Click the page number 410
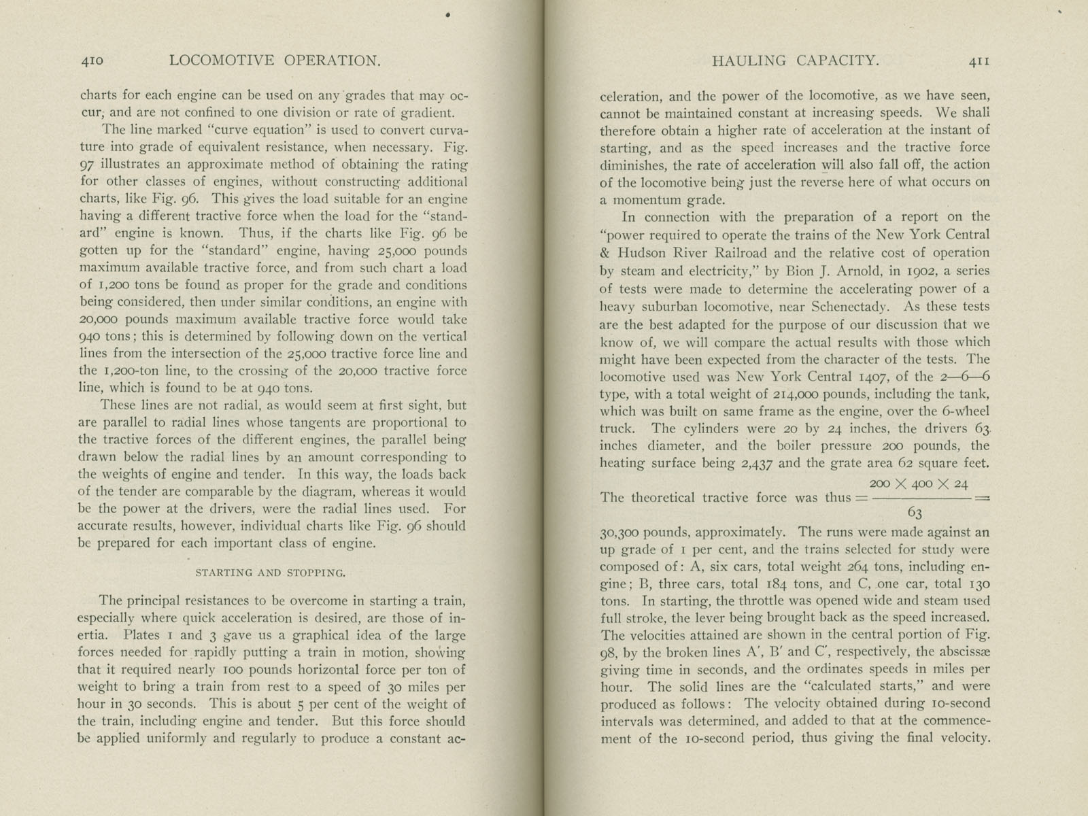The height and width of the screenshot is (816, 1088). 91,61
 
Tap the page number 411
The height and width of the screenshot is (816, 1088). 979,61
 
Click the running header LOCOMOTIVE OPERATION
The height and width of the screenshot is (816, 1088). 275,61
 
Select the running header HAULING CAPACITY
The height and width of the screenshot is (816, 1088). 795,61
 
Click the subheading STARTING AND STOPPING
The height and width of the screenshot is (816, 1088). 271,573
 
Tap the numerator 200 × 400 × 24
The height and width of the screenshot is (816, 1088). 918,483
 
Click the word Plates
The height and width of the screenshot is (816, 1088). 141,636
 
